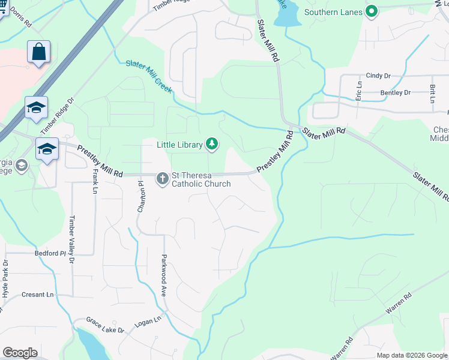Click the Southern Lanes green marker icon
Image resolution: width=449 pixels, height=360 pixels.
coord(372,11)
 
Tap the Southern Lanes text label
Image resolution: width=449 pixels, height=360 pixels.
coord(333,12)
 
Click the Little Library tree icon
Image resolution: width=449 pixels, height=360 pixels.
coord(211,143)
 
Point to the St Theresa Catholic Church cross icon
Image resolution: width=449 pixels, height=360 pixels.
coord(162,178)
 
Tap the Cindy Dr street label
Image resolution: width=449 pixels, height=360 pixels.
coord(378,76)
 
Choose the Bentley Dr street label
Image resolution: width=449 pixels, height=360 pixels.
coord(395,93)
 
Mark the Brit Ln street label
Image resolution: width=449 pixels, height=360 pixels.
coord(432,94)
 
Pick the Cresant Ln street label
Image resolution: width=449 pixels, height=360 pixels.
coord(38,295)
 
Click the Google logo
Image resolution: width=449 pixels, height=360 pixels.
coord(20,353)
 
